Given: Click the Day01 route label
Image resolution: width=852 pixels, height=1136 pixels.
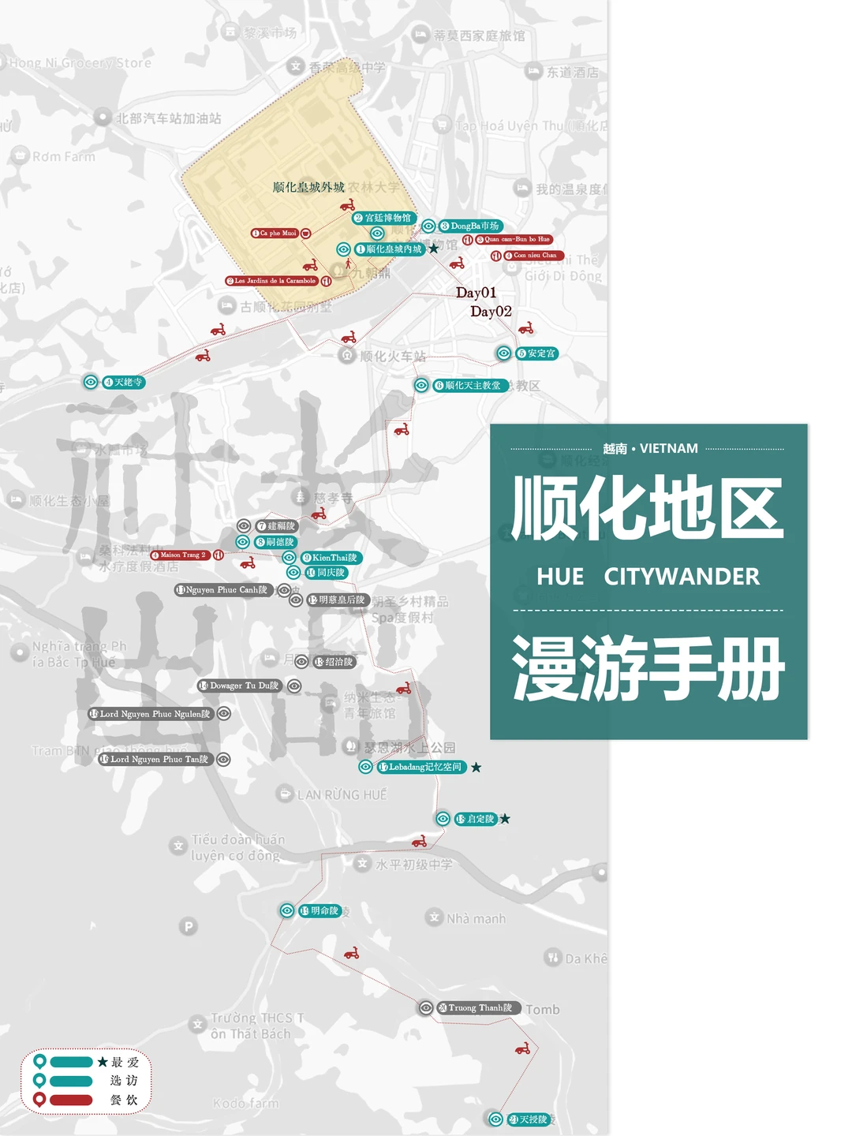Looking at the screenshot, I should pyautogui.click(x=476, y=293).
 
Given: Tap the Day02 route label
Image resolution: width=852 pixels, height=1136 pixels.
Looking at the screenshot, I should pyautogui.click(x=491, y=312).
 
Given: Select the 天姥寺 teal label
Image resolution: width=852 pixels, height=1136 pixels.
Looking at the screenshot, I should pyautogui.click(x=124, y=382).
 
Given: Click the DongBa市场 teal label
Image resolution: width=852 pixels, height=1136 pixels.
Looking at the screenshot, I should pyautogui.click(x=470, y=226).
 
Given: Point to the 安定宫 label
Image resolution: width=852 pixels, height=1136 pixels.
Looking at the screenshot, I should pyautogui.click(x=537, y=353).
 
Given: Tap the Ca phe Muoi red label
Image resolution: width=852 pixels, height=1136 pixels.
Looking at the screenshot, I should pyautogui.click(x=275, y=233).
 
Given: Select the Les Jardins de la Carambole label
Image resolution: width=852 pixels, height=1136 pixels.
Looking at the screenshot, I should pyautogui.click(x=271, y=281).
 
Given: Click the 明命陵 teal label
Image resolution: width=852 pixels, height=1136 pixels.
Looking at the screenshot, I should pyautogui.click(x=320, y=910).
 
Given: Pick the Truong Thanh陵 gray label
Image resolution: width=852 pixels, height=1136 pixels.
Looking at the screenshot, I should pyautogui.click(x=476, y=1007).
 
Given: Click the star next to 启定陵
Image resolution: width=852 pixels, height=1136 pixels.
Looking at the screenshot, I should pyautogui.click(x=505, y=819).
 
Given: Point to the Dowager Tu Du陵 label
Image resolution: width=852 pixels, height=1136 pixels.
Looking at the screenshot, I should pyautogui.click(x=239, y=686).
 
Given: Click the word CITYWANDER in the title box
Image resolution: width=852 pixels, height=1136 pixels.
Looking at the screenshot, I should pyautogui.click(x=682, y=577).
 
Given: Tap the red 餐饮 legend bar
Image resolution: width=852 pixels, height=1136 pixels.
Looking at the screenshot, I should pyautogui.click(x=71, y=1100).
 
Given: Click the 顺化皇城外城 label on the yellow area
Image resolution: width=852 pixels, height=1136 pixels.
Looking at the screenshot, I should pyautogui.click(x=308, y=187).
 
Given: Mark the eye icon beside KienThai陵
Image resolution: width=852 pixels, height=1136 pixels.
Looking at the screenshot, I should pyautogui.click(x=290, y=557).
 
